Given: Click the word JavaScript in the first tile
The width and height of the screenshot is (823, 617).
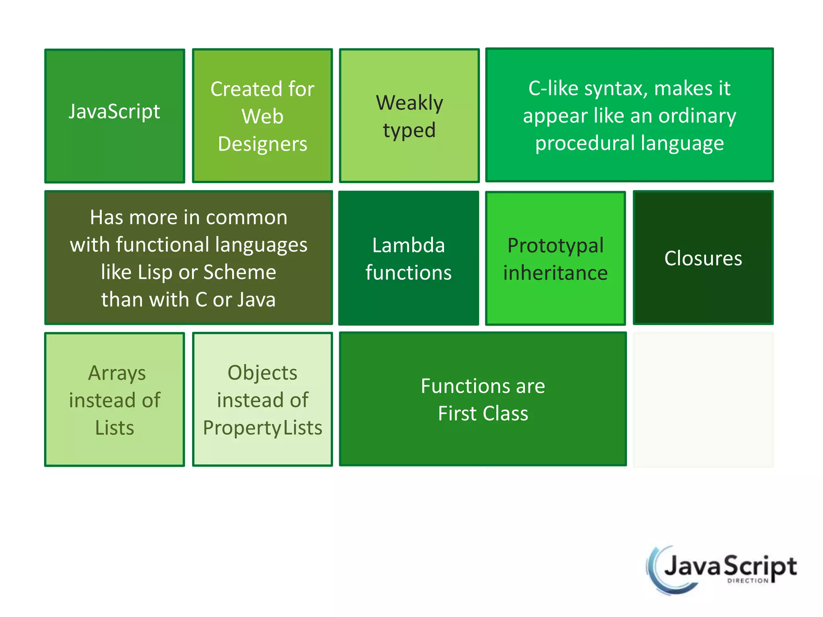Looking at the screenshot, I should pos(114,111).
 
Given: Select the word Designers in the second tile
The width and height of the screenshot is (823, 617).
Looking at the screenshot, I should pos(262,144).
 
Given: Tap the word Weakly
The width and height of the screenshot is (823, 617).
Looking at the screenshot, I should pos(409,103).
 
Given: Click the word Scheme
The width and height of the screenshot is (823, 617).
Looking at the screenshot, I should pos(240,272).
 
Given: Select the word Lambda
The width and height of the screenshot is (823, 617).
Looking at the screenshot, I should pos(408,245).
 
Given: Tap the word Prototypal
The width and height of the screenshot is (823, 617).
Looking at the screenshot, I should pos(555,246).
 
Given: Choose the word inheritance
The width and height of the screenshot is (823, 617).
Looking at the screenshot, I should pos(555,273).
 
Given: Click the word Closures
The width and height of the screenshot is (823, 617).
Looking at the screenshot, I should pos(703,258).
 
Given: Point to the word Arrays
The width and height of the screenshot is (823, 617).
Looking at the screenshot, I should pos(117,373).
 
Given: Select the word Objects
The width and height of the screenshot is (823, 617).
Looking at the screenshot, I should pos(262,373).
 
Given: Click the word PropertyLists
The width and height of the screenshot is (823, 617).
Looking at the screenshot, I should pos(262,428).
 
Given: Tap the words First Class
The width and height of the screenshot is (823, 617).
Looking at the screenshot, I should pos(483,413).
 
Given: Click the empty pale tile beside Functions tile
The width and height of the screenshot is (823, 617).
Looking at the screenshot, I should pos(703,400).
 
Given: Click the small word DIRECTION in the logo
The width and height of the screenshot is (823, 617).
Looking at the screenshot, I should pos(747,580).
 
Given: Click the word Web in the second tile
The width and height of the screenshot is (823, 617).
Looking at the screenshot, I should pos(262,116).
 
